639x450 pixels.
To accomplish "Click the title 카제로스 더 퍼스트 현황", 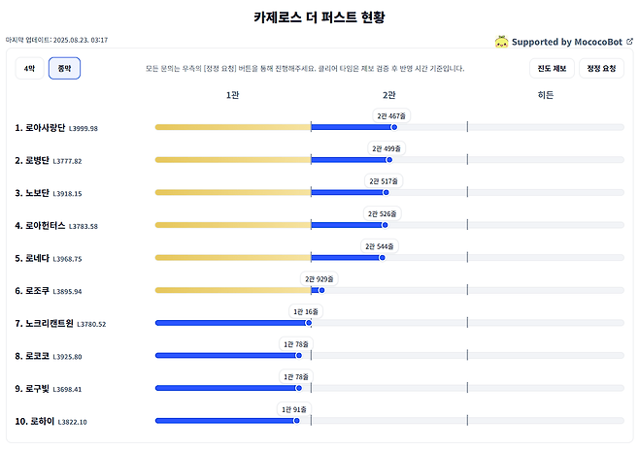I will tap(319, 17).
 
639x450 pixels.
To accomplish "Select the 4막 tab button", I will tap(29, 68).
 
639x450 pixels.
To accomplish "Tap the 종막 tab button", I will tap(64, 68).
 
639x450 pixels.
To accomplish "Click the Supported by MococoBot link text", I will tap(567, 42).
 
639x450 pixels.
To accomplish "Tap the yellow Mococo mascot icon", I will tap(501, 42).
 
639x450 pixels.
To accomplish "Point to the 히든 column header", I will tap(546, 95).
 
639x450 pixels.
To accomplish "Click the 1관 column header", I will tap(232, 95).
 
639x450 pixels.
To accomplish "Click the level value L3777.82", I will tap(67, 161).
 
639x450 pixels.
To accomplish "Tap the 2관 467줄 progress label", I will tap(391, 115).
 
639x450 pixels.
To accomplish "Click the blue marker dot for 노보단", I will tap(386, 192).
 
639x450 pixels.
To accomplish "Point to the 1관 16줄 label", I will tap(305, 311).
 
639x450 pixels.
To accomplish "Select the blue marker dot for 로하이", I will tap(298, 420).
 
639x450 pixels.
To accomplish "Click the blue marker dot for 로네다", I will tap(382, 257).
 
